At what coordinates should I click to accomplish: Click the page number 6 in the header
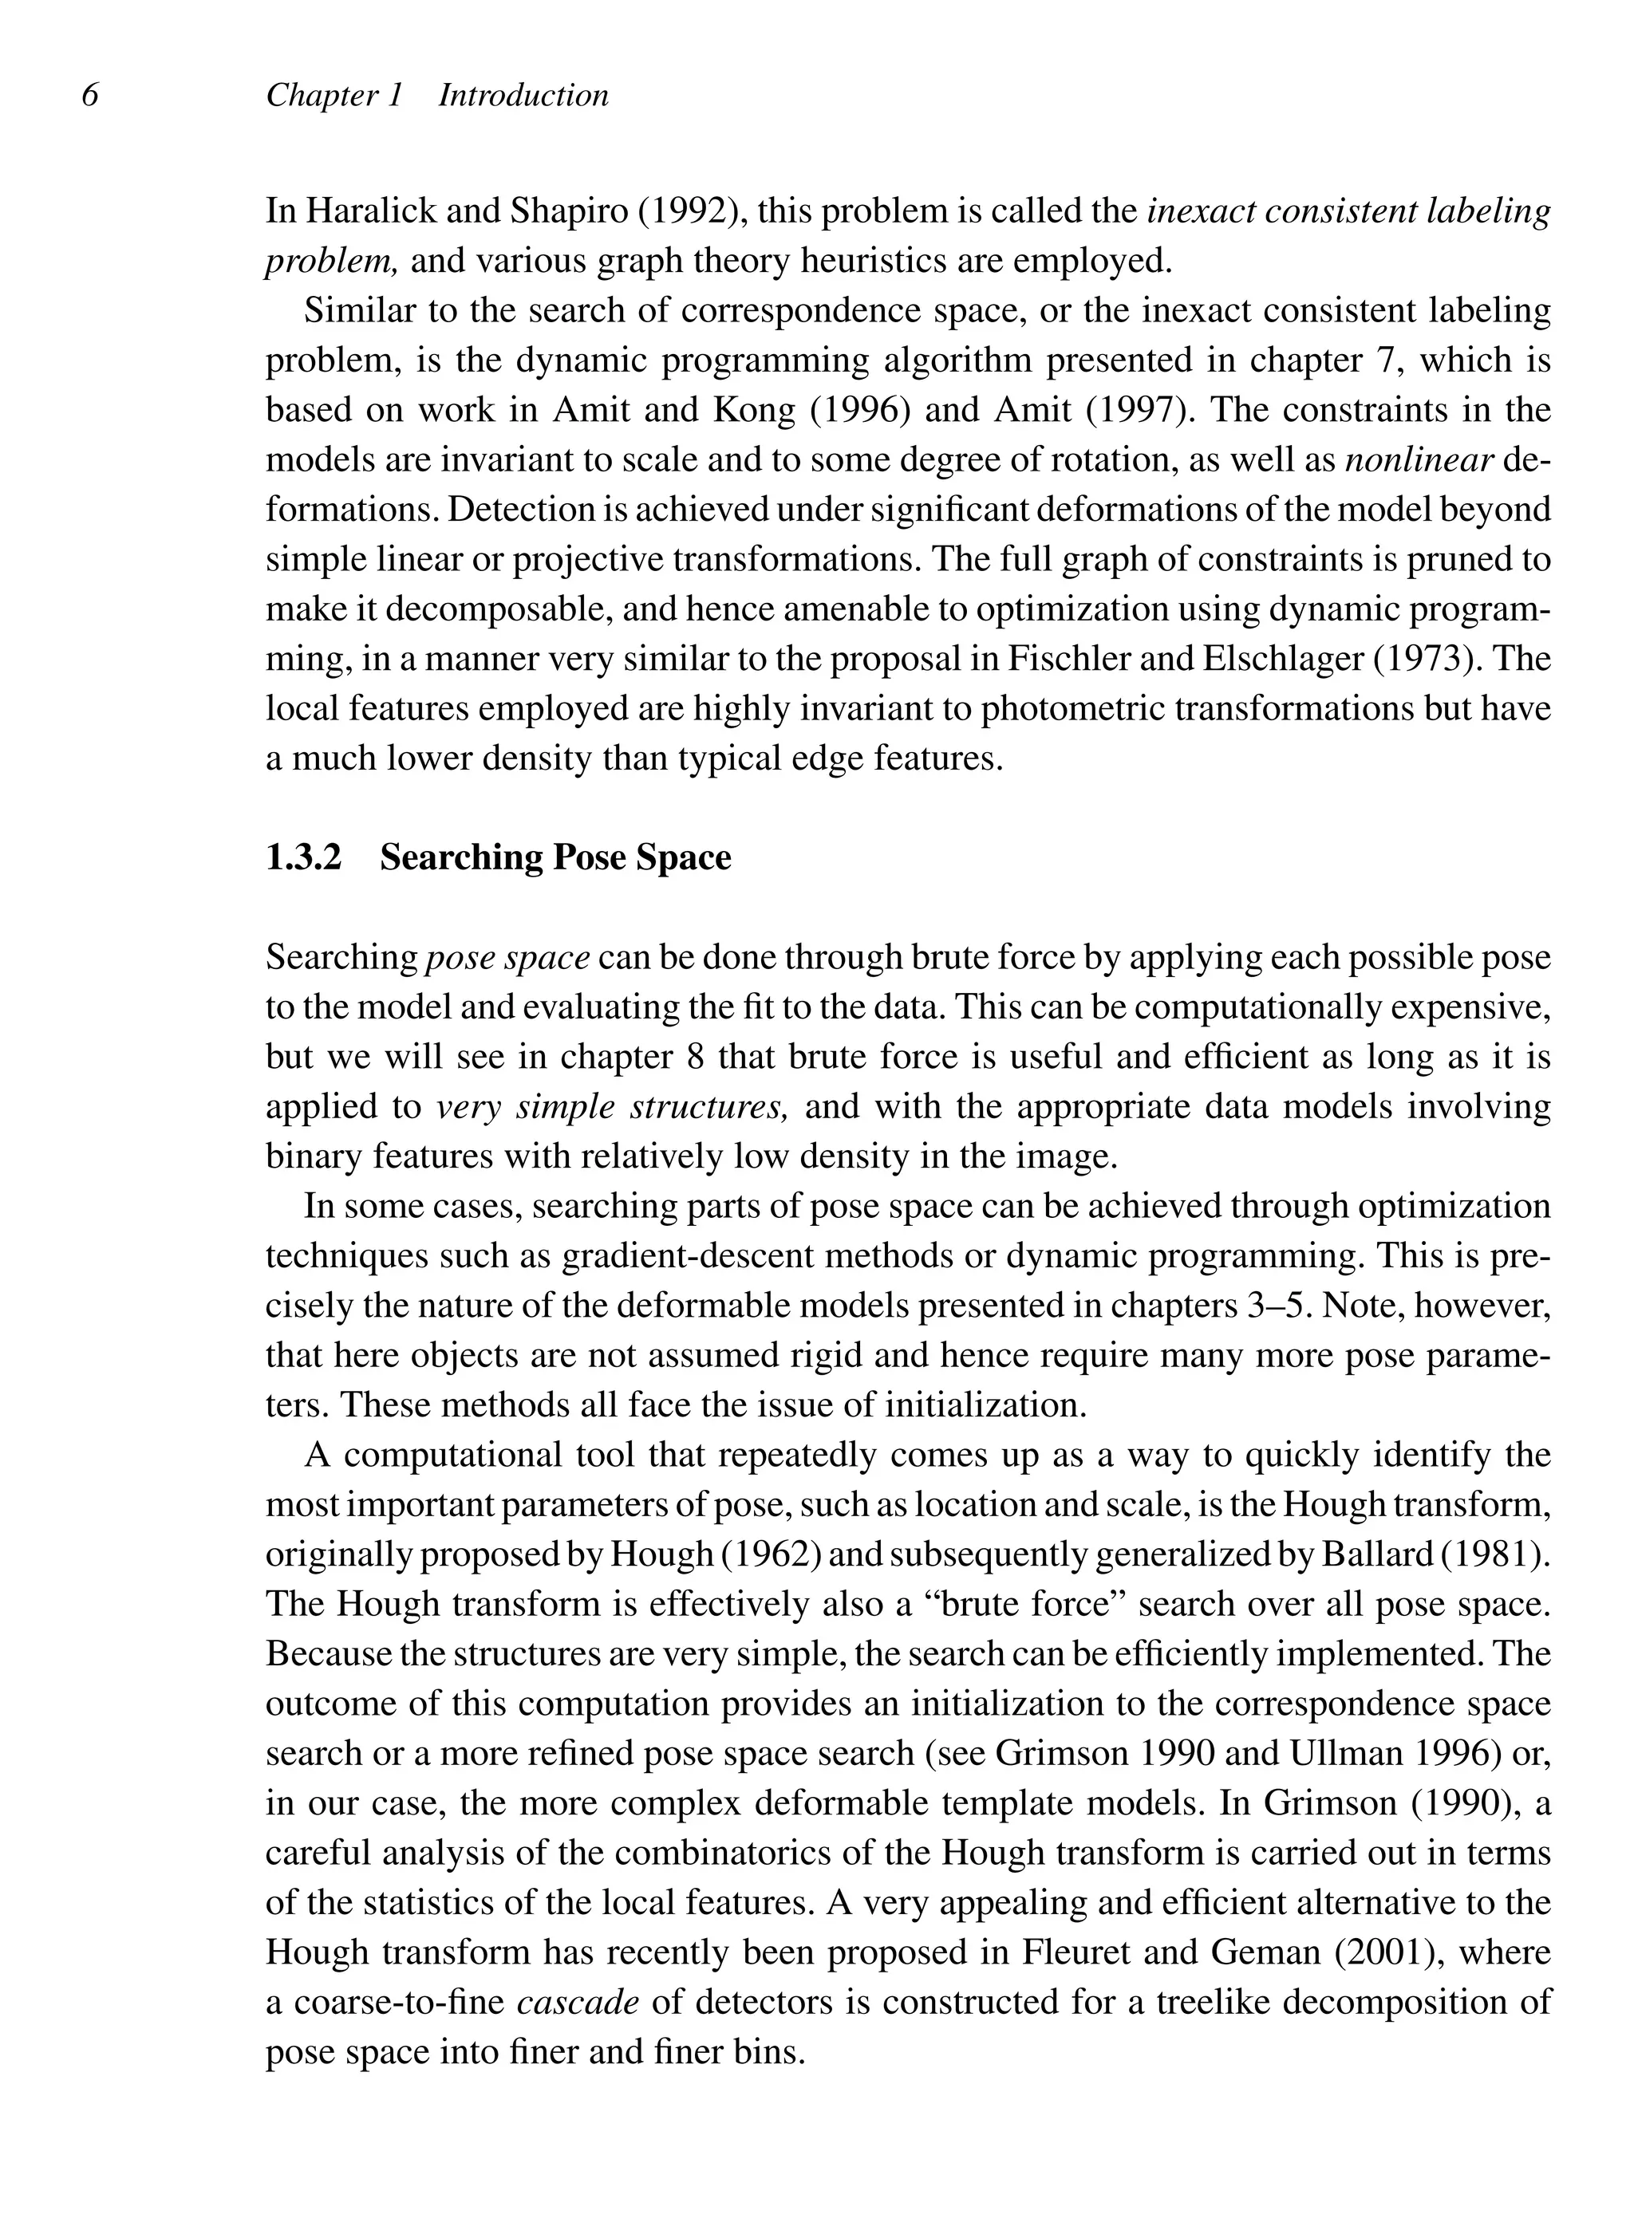coord(90,96)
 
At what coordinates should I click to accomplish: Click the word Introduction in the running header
coord(523,96)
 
